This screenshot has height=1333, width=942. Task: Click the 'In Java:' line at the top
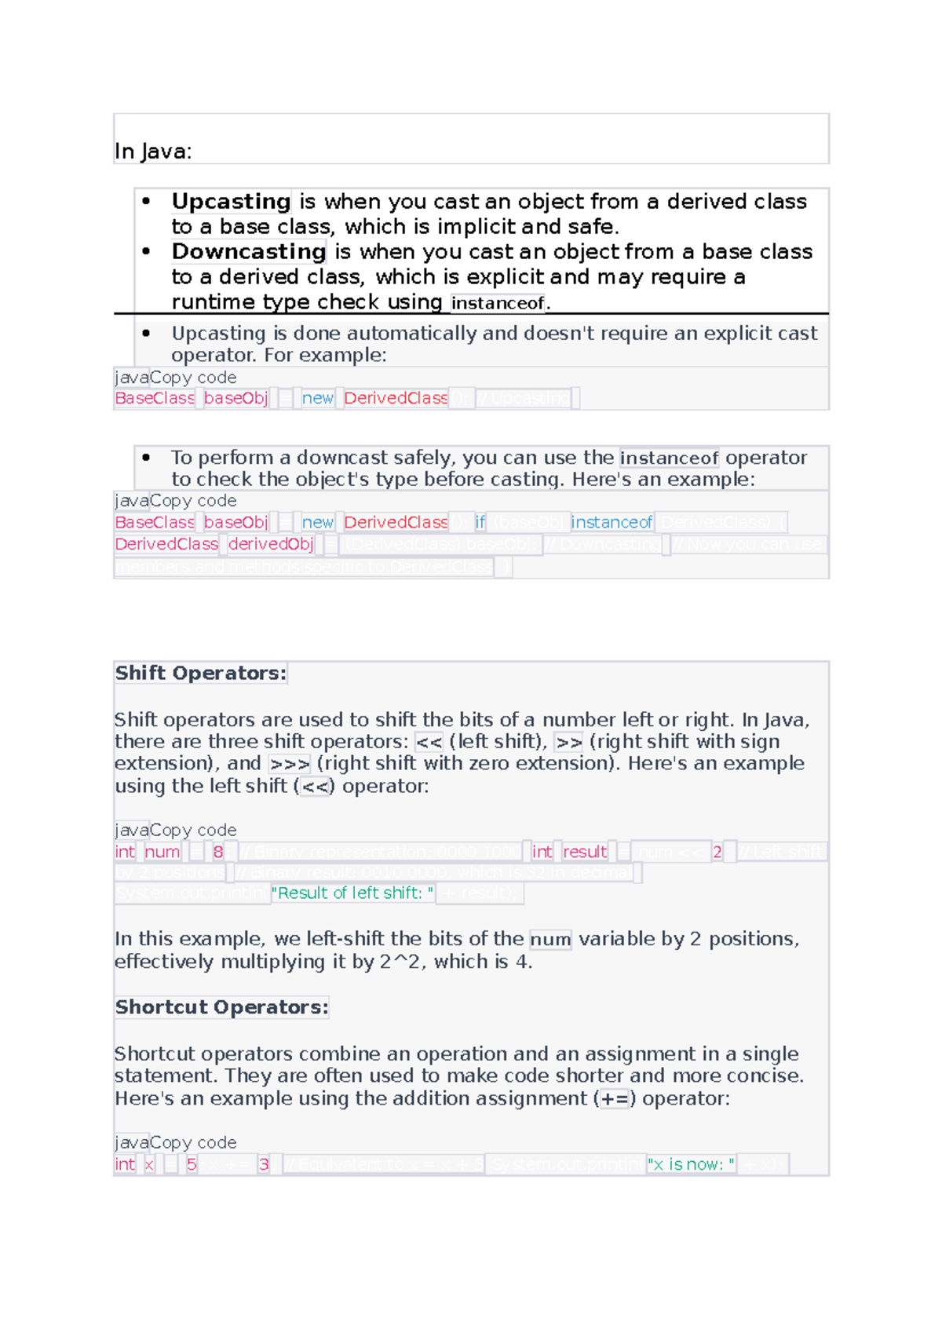(x=153, y=152)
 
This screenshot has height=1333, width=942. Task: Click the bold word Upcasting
(x=231, y=202)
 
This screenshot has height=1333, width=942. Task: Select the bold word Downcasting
(x=248, y=252)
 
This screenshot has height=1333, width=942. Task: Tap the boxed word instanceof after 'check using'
(x=498, y=303)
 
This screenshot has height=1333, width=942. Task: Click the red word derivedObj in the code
(x=271, y=544)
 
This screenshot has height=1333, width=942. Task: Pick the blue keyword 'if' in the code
(x=480, y=522)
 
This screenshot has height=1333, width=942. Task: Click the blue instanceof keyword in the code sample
(x=612, y=522)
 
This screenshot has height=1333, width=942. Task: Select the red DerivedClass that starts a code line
(x=166, y=544)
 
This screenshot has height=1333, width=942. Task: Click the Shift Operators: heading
(x=200, y=673)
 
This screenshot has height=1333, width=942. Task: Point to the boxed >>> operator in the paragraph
(x=290, y=764)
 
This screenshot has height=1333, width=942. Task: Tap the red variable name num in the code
(x=162, y=852)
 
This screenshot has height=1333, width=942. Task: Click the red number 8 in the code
(x=218, y=852)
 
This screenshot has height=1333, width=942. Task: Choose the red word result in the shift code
(x=585, y=852)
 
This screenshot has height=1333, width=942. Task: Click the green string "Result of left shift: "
(x=352, y=893)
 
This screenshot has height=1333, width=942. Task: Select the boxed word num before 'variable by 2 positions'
(x=550, y=939)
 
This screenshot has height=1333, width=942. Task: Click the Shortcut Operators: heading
(x=221, y=1007)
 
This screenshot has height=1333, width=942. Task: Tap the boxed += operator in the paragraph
(x=615, y=1099)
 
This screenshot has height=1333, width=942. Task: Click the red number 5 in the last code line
(x=192, y=1164)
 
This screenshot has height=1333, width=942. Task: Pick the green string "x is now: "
(x=691, y=1164)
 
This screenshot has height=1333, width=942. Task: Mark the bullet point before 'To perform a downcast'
(x=146, y=458)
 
